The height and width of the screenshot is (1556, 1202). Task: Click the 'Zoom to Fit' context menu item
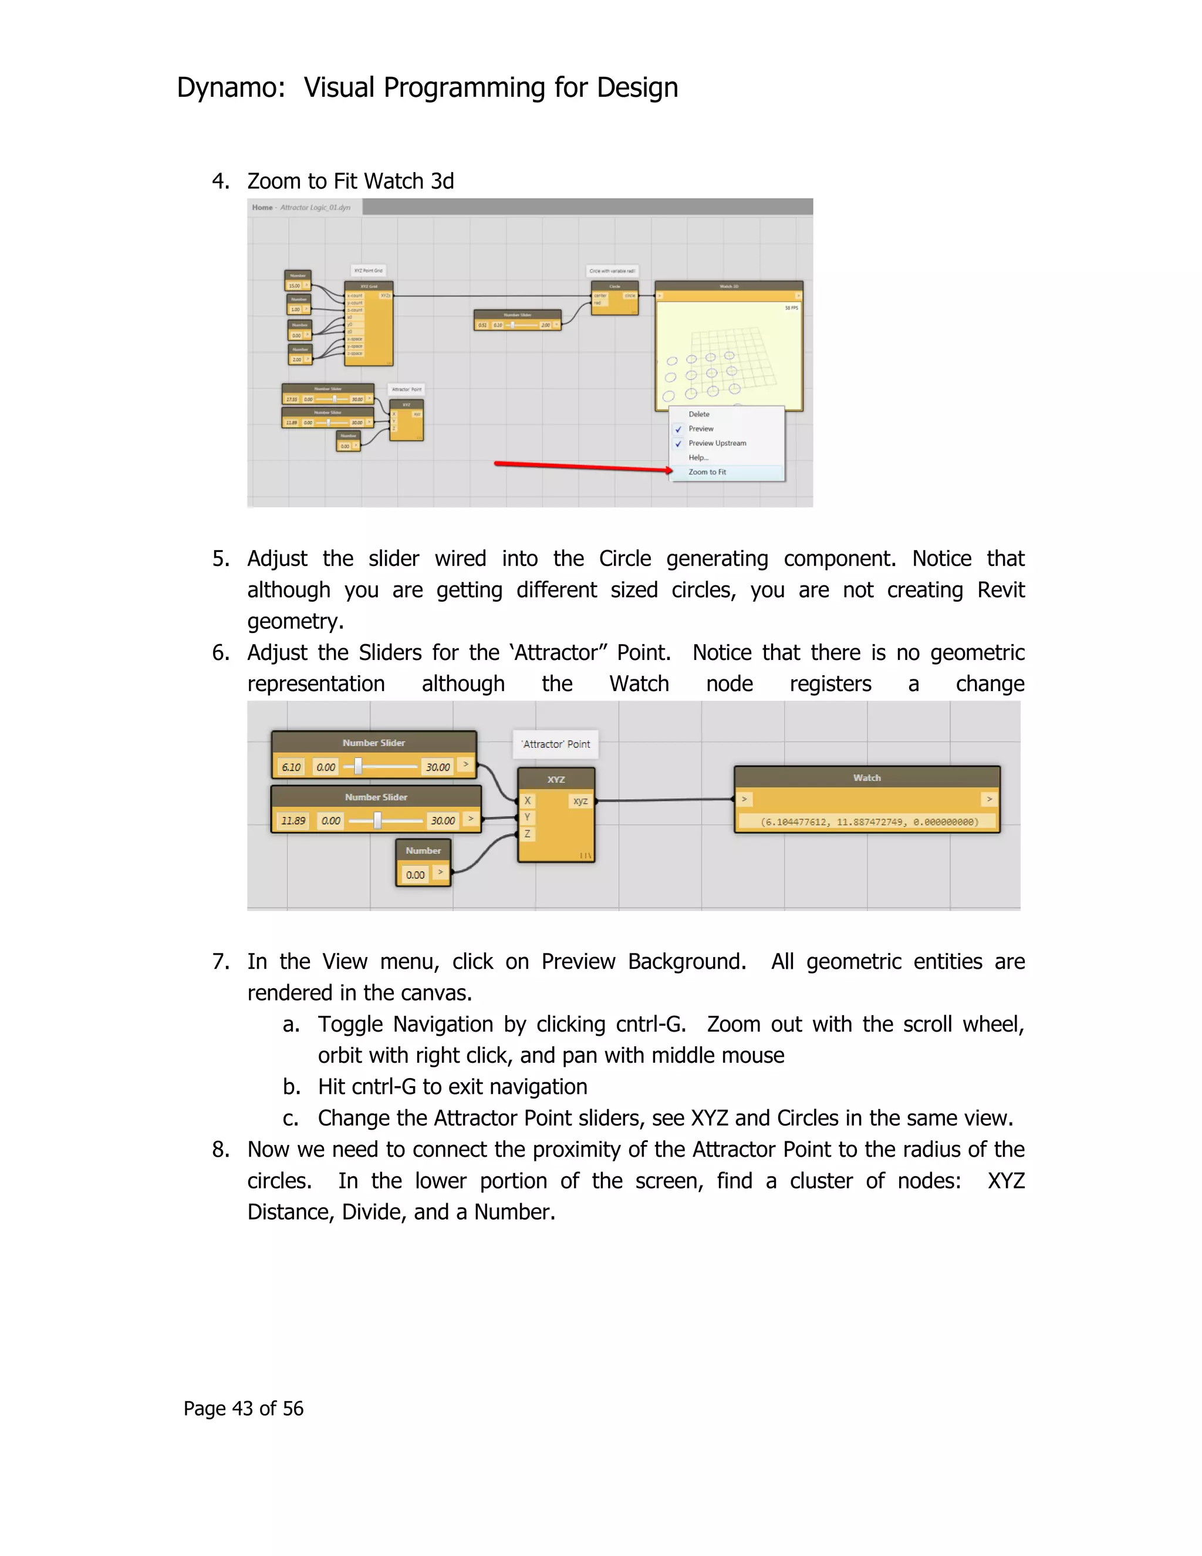[x=707, y=472]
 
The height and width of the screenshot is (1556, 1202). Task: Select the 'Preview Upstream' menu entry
[x=717, y=443]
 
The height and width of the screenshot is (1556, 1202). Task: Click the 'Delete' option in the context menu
[x=698, y=414]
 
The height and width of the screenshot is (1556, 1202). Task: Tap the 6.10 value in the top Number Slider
[x=291, y=767]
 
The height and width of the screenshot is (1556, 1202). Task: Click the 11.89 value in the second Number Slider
[x=293, y=821]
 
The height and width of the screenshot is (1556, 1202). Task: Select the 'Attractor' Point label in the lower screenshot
[x=556, y=744]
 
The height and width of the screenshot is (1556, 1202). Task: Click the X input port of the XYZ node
[x=528, y=801]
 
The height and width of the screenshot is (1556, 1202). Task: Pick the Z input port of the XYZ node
[x=528, y=834]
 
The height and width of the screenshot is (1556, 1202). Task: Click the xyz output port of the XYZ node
[x=580, y=801]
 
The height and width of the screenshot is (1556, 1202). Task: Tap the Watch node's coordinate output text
[x=869, y=822]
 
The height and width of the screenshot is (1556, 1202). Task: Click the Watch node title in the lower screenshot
[x=867, y=778]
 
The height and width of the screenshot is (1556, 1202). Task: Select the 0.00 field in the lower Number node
[x=415, y=875]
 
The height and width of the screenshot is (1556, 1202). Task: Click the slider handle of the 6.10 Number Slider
[x=358, y=767]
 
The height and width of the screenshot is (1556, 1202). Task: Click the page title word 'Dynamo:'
[x=231, y=87]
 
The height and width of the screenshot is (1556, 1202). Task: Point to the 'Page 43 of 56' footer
[x=244, y=1409]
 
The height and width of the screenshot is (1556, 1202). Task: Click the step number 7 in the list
[x=220, y=962]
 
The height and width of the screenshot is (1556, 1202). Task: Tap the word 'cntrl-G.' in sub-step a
[x=650, y=1025]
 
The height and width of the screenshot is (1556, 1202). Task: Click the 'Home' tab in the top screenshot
[x=262, y=207]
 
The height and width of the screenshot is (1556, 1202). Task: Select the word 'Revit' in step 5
[x=1001, y=590]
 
